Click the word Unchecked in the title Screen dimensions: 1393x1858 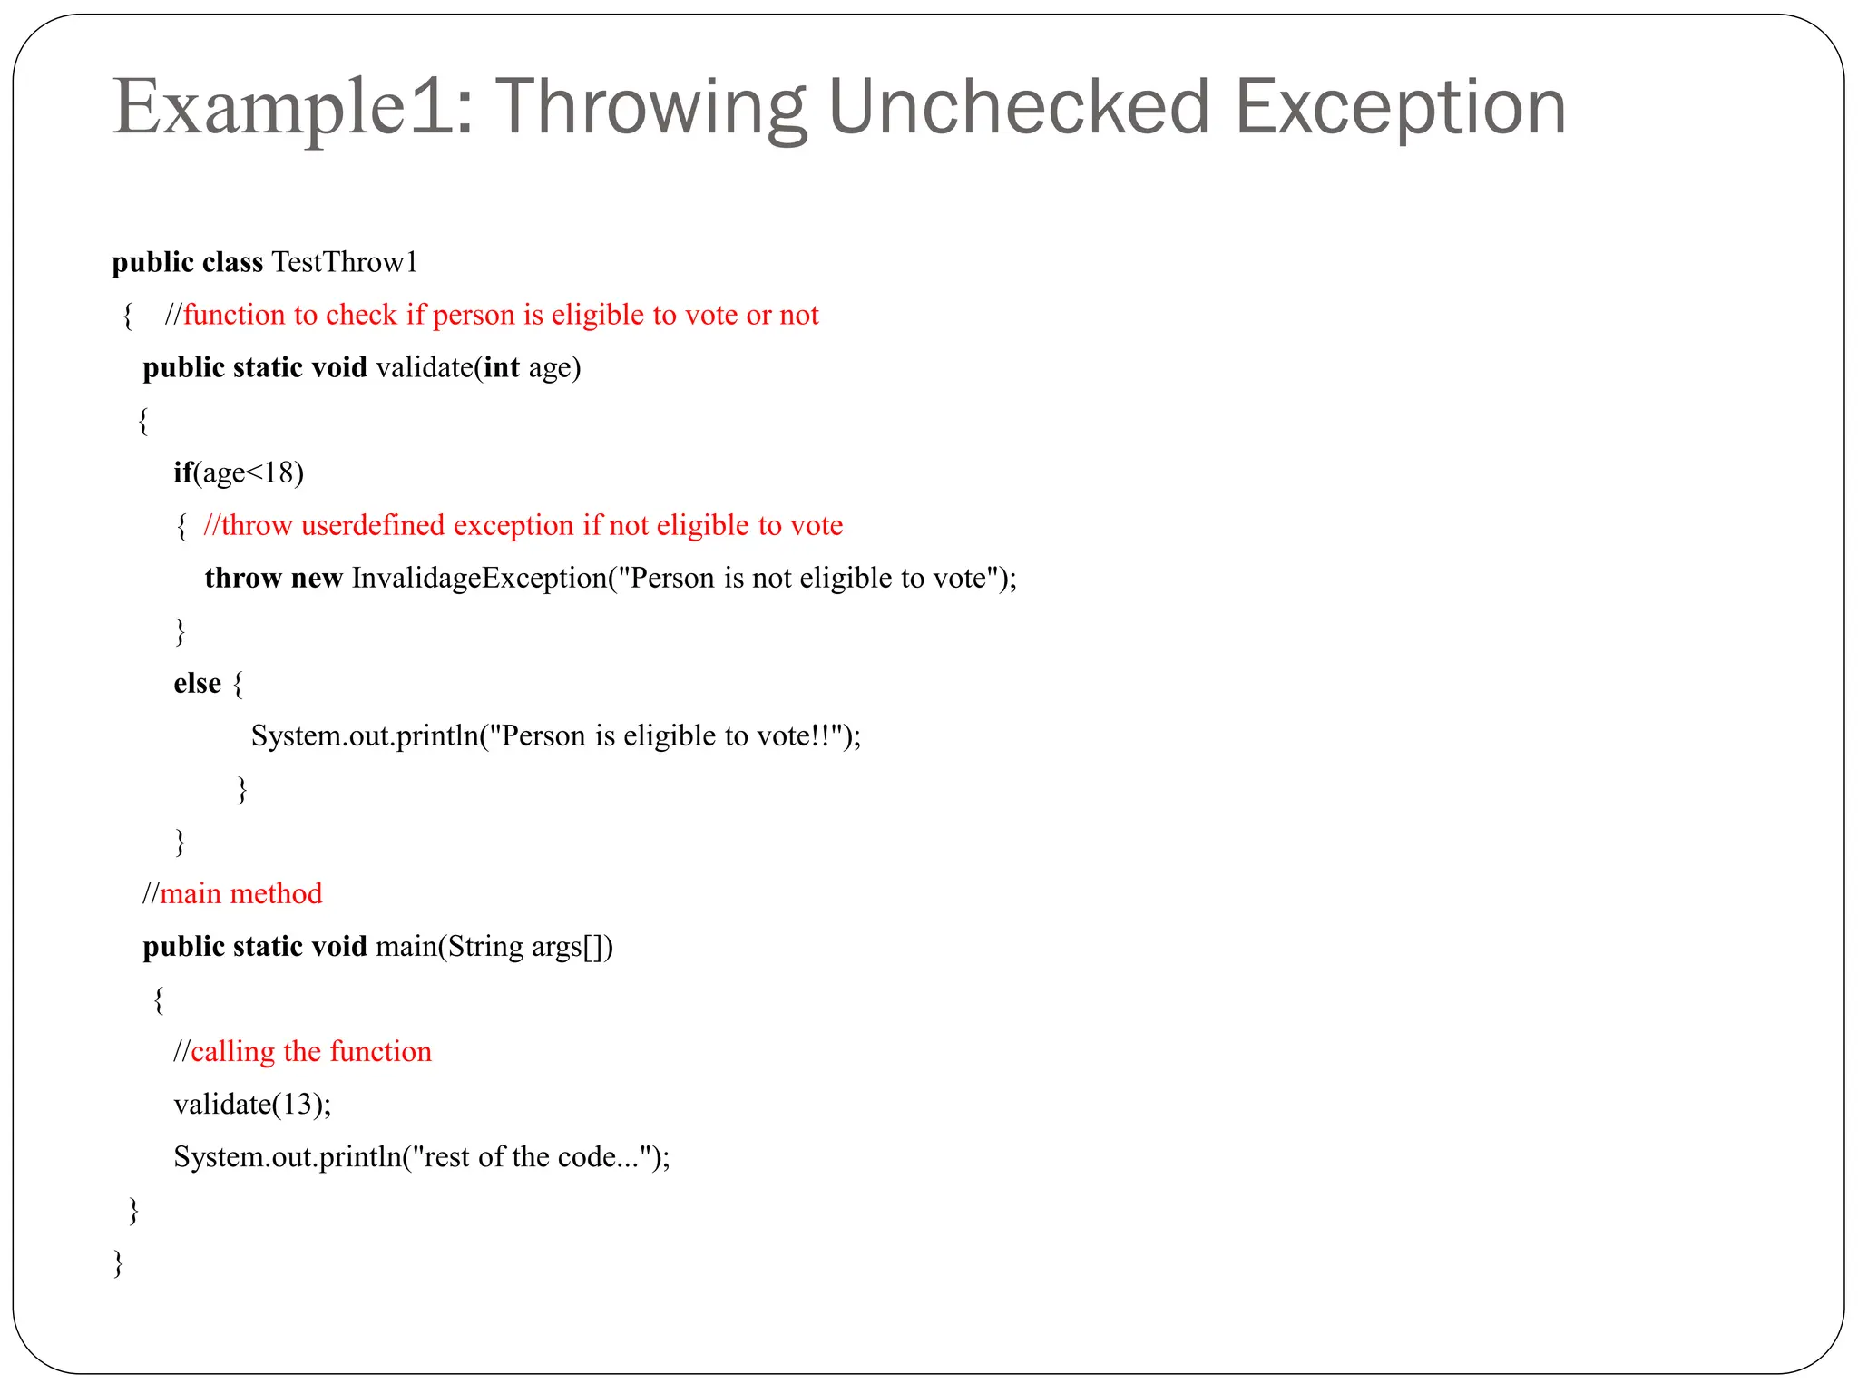1018,107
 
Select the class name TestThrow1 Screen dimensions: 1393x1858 345,262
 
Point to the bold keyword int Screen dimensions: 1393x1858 502,367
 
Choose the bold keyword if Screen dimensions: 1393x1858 182,472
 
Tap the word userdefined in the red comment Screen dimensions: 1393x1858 373,525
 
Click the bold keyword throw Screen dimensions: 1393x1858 242,578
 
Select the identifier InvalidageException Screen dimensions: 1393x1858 479,578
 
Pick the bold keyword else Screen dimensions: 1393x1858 197,683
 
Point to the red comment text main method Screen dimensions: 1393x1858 240,893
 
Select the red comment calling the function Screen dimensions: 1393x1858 310,1051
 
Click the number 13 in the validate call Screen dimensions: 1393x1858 297,1104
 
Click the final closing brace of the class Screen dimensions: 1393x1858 118,1261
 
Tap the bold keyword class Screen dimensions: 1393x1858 232,262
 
